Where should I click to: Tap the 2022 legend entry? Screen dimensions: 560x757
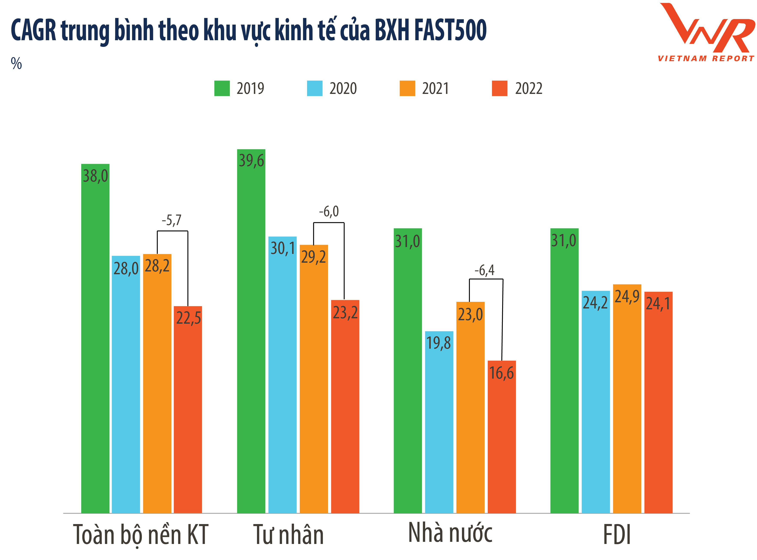[517, 89]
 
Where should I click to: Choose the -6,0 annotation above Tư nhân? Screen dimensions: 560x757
[329, 212]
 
